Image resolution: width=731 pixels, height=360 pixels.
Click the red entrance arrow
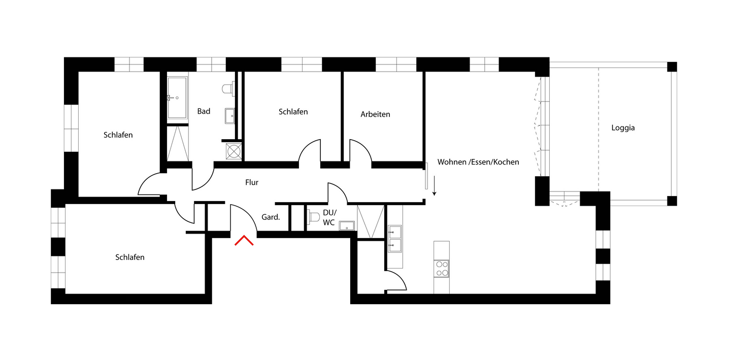click(x=244, y=241)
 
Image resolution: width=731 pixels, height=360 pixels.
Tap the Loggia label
click(x=623, y=128)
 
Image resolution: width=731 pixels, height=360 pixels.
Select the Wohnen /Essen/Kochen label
click(x=478, y=162)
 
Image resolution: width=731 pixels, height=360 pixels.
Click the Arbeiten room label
click(x=375, y=114)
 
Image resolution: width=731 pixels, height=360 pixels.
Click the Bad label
click(x=204, y=111)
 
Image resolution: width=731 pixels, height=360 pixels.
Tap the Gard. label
click(x=271, y=217)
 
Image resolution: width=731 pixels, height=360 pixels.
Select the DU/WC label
click(x=329, y=217)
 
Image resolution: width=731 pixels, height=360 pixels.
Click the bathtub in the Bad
click(x=177, y=97)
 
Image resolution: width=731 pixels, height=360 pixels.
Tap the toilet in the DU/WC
click(x=313, y=217)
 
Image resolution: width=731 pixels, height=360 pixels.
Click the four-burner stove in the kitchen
click(x=442, y=268)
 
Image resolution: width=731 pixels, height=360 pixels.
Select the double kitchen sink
click(x=394, y=239)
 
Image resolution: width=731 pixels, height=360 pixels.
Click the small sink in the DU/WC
click(x=347, y=225)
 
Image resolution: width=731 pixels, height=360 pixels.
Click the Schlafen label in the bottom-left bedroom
click(x=130, y=257)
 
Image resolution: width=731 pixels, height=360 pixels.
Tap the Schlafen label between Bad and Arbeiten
click(x=293, y=112)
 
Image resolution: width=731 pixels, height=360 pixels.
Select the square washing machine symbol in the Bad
click(x=234, y=151)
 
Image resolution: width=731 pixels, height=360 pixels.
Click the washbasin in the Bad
click(x=229, y=116)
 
